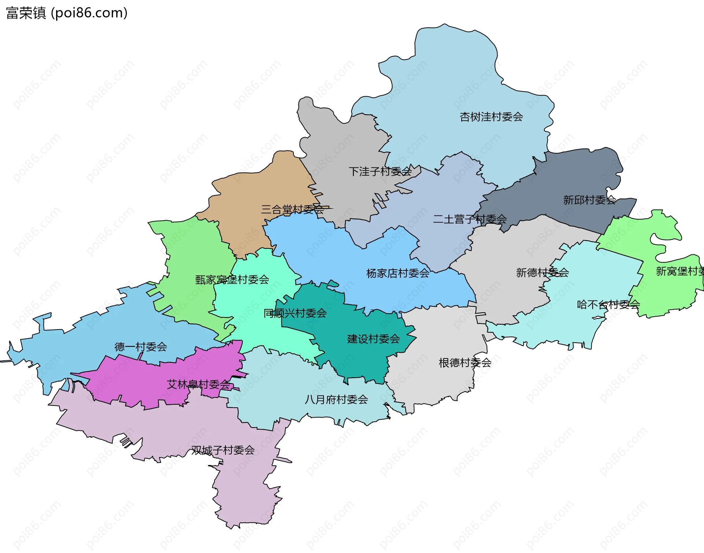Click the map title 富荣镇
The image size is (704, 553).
point(26,13)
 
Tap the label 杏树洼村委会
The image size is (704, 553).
point(491,117)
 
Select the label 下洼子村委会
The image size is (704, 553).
point(380,171)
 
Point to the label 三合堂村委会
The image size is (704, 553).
point(292,210)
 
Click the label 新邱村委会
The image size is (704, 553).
point(589,200)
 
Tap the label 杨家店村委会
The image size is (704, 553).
point(397,273)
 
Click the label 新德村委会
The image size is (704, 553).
point(542,272)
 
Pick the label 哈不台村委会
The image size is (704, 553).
point(608,304)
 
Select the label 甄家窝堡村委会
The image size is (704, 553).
point(232,280)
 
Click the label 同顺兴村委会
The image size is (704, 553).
point(295,313)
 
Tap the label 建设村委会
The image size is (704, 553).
point(373,339)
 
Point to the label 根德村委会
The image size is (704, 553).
point(465,363)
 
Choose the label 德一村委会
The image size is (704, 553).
point(140,346)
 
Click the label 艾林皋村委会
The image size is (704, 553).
point(198,384)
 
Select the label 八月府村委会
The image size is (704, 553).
point(336,399)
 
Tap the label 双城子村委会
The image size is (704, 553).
point(223,450)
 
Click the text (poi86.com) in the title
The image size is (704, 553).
point(89,13)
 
